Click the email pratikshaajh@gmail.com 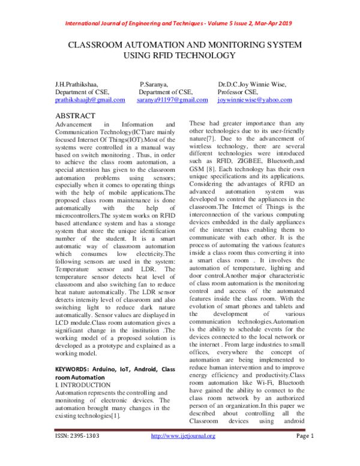coord(89,100)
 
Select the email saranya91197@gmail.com coord(172,100)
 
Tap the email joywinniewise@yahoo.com coord(255,100)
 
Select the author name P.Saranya coord(154,85)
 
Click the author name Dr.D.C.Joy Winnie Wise coord(252,85)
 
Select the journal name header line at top coord(180,23)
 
